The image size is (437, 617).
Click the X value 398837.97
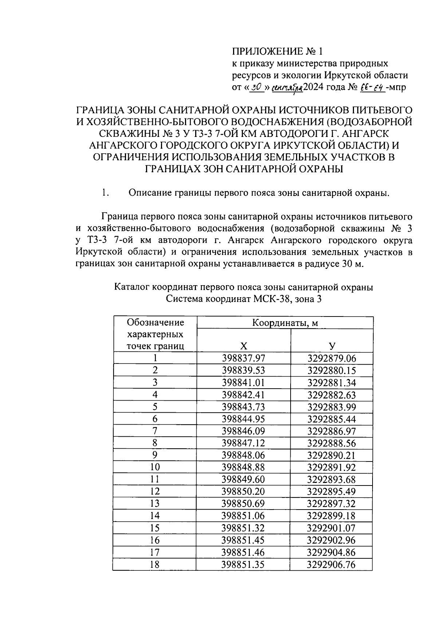pyautogui.click(x=243, y=358)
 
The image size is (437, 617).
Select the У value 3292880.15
pyautogui.click(x=331, y=371)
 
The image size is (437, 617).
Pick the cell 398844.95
pyautogui.click(x=243, y=419)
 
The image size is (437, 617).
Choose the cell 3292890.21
pyautogui.click(x=331, y=456)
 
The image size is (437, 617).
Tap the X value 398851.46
pyautogui.click(x=243, y=553)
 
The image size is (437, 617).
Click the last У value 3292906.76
pyautogui.click(x=331, y=565)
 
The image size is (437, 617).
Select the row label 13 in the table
pyautogui.click(x=155, y=504)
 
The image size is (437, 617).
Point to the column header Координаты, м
pyautogui.click(x=285, y=323)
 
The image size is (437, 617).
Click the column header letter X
pyautogui.click(x=244, y=346)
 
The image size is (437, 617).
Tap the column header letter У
pyautogui.click(x=332, y=346)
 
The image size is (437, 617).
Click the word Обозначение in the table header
pyautogui.click(x=155, y=323)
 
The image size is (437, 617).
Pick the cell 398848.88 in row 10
pyautogui.click(x=243, y=468)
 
